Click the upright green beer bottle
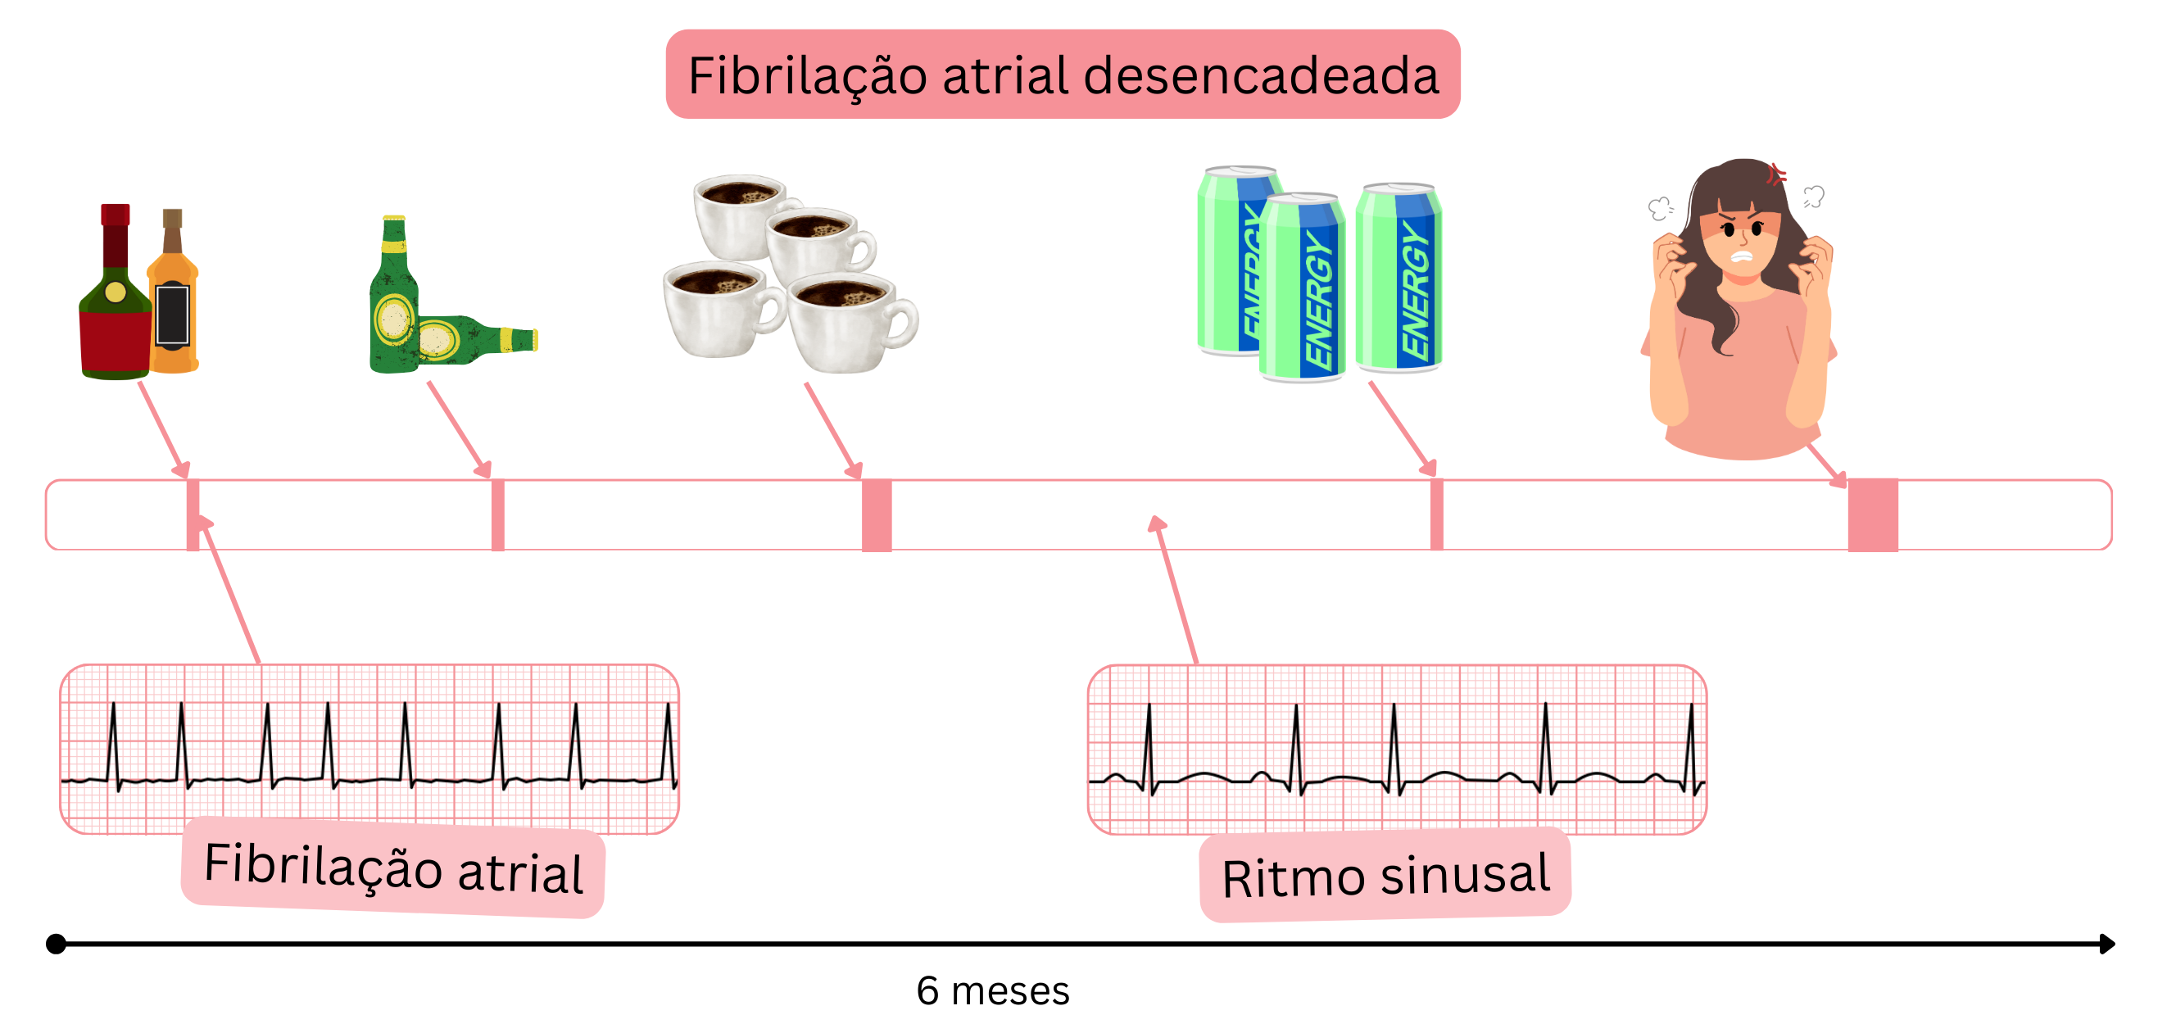(393, 304)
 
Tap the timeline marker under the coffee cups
(877, 514)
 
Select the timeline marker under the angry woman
(1873, 514)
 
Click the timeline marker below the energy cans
(1437, 514)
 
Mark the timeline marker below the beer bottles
(498, 514)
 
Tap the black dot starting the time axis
(56, 943)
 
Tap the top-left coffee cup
(740, 215)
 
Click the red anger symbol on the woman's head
(1776, 174)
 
